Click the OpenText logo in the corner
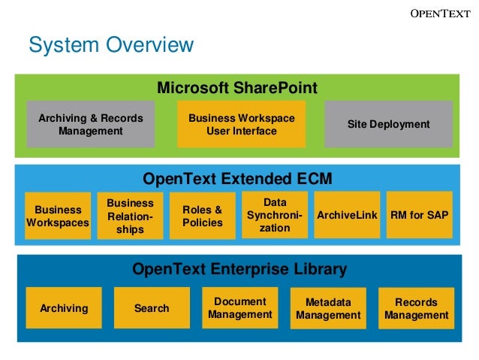click(x=438, y=13)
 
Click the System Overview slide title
click(x=110, y=45)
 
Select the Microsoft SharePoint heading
click(x=236, y=88)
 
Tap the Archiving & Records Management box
click(x=90, y=124)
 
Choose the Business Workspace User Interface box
click(x=241, y=124)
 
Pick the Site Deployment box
click(x=388, y=124)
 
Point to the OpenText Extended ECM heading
click(x=236, y=179)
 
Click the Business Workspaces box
click(x=58, y=216)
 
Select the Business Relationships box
click(x=130, y=216)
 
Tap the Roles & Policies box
click(x=202, y=216)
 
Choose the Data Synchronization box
click(x=274, y=215)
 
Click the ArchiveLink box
click(x=347, y=215)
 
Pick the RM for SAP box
click(x=419, y=215)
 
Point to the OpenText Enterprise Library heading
click(x=239, y=269)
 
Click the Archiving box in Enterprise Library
click(x=64, y=308)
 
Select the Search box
click(x=152, y=308)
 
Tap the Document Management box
click(x=239, y=307)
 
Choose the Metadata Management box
click(x=328, y=308)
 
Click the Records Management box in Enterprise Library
click(x=416, y=308)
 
